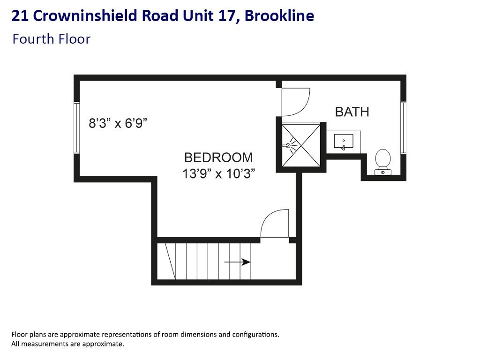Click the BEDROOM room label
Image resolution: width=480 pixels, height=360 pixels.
(x=218, y=157)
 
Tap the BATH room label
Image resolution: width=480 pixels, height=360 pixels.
(x=352, y=112)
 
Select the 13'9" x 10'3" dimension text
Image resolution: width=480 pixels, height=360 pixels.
(x=218, y=174)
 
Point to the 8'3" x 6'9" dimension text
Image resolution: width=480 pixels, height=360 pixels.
(x=118, y=124)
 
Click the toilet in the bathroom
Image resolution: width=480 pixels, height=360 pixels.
(x=383, y=160)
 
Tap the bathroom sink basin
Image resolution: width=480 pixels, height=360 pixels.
(x=344, y=141)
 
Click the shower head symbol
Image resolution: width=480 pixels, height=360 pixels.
(x=289, y=145)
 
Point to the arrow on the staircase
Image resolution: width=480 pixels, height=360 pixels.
(x=238, y=262)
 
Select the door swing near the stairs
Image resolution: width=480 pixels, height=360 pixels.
(x=273, y=223)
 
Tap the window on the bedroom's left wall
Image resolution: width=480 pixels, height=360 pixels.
(x=76, y=127)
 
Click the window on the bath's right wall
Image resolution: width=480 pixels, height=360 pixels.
(x=403, y=127)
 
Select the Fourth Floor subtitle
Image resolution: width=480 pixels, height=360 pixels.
(x=51, y=39)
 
